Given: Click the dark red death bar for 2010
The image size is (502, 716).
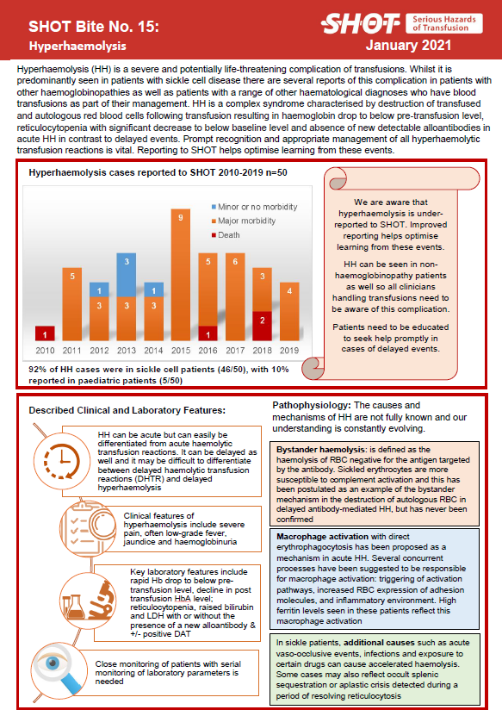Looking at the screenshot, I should [45, 333].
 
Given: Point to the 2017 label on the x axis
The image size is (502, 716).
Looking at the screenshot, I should [234, 352].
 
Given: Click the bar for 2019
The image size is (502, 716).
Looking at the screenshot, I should [290, 312].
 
